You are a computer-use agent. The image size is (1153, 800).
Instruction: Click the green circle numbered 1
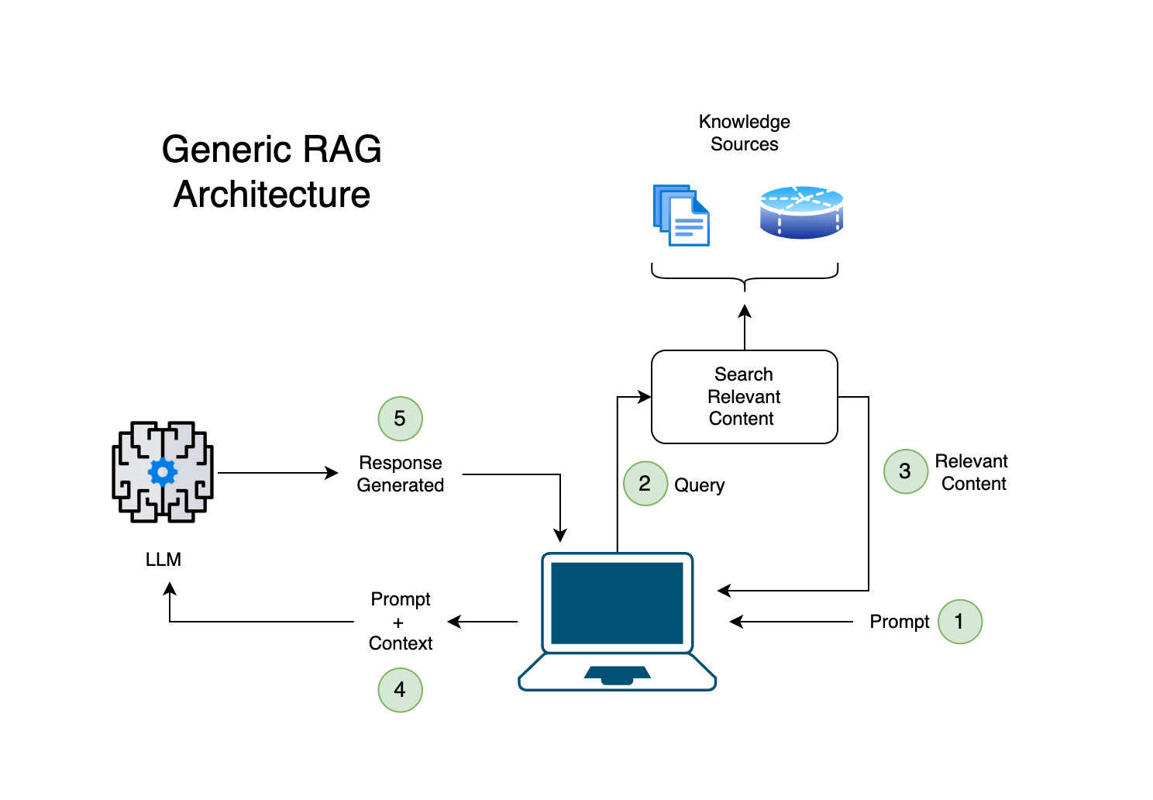959,622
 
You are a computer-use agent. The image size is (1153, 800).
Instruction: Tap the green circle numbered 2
645,484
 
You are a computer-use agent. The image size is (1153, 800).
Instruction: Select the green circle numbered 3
905,471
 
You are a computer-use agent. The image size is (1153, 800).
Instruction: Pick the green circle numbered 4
400,690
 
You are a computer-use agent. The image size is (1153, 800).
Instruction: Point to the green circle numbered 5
400,419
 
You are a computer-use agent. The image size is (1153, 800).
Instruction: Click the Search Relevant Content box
745,397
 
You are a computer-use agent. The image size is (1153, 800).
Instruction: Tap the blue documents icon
681,216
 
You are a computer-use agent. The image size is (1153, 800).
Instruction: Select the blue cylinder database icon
801,212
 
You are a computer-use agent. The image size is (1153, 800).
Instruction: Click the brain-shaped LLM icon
163,471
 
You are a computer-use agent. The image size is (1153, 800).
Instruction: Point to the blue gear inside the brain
163,471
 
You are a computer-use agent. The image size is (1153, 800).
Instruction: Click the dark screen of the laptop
617,603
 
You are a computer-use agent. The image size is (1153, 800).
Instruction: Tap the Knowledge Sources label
745,133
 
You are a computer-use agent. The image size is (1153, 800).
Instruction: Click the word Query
700,485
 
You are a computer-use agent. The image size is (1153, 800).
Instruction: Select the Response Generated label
400,474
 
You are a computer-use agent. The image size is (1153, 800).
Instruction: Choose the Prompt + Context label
400,621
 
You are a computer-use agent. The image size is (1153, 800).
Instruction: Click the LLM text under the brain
163,559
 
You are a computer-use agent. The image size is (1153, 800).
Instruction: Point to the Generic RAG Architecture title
271,171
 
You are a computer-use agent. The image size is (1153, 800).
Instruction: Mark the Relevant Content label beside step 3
972,472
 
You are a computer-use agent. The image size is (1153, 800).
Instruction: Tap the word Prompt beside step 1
900,622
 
